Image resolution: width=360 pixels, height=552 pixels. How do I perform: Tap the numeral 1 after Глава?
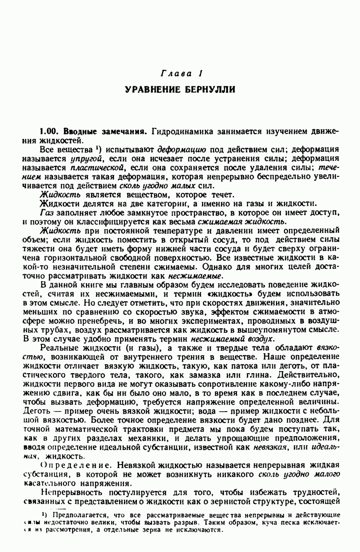[200, 74]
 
